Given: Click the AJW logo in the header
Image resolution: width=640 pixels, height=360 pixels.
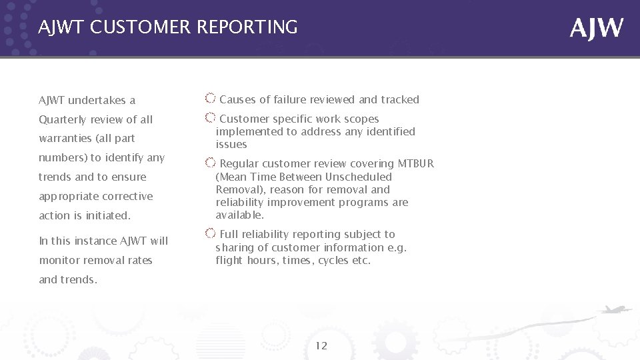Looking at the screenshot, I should click(597, 28).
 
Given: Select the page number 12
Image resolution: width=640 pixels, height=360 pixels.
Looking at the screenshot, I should click(321, 345).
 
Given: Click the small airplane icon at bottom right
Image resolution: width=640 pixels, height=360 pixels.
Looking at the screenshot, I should click(614, 310).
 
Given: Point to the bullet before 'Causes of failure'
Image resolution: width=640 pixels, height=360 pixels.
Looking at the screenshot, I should click(210, 99).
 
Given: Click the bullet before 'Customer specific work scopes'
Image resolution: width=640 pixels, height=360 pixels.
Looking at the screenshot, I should click(210, 119).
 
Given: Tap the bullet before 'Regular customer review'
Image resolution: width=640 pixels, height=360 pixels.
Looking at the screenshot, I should click(210, 163).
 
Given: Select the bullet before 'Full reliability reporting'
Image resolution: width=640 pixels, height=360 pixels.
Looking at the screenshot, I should click(210, 234).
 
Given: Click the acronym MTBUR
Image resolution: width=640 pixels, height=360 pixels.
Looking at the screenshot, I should click(415, 164).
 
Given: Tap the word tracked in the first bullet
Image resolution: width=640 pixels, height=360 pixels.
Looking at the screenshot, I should click(400, 100).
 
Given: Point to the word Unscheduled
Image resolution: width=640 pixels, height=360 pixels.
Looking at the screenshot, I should click(359, 177).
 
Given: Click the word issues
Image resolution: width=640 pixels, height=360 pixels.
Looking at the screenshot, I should click(231, 145).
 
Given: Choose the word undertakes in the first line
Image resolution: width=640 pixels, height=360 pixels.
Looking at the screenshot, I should click(99, 101).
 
